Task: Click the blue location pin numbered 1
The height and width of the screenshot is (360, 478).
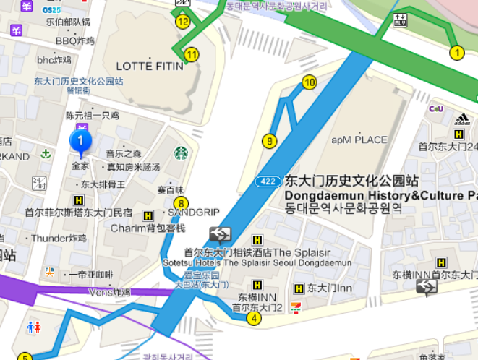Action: [x=80, y=140]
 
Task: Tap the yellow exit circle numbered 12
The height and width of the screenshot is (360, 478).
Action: [x=182, y=22]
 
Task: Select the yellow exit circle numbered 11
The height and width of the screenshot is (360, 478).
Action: [x=192, y=54]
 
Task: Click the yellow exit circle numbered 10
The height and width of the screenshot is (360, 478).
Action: [x=310, y=82]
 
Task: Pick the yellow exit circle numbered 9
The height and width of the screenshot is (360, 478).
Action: [x=270, y=141]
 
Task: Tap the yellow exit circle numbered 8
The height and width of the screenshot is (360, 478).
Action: [x=181, y=203]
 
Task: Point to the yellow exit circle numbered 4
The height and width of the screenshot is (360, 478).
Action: [x=254, y=317]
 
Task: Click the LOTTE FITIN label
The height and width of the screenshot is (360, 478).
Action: [x=149, y=67]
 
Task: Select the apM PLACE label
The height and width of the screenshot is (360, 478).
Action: [x=359, y=140]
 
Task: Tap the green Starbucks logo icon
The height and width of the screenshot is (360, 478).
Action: [x=181, y=153]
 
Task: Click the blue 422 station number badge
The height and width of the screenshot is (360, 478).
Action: [x=268, y=181]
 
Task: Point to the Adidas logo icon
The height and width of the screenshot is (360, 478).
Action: [x=462, y=119]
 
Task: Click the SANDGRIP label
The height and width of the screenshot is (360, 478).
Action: [x=193, y=213]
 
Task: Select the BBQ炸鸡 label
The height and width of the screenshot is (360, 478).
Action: [x=75, y=40]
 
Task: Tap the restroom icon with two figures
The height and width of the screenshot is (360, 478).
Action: [x=34, y=327]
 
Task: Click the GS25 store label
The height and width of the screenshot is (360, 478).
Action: [x=51, y=10]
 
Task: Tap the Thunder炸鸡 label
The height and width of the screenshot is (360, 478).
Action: [x=59, y=238]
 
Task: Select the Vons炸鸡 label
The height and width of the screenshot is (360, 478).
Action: [x=108, y=292]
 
